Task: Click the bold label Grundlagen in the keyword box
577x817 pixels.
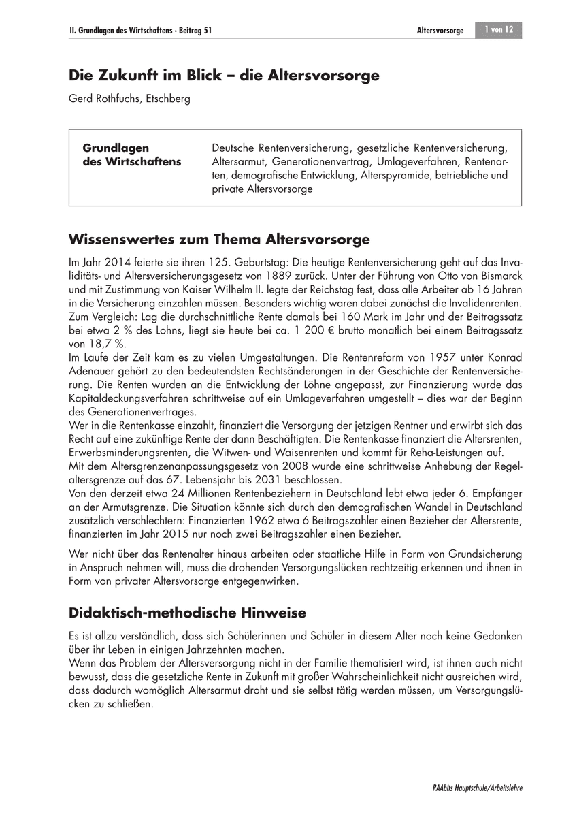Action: (x=116, y=148)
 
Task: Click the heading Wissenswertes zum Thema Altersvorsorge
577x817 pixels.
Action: (x=219, y=240)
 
